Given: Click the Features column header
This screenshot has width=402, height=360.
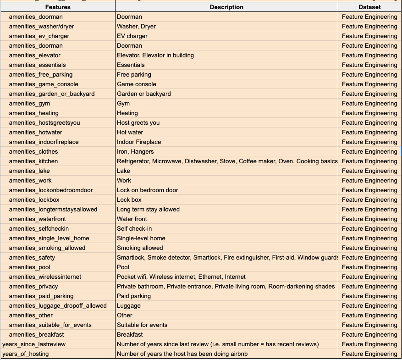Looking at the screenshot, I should click(58, 7).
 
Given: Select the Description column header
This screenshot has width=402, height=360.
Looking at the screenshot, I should click(226, 7).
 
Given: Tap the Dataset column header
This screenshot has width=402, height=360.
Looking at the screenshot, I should click(369, 7).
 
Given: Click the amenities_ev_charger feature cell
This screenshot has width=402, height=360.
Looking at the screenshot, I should click(39, 36).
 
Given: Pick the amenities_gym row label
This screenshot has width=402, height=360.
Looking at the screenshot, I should click(29, 103).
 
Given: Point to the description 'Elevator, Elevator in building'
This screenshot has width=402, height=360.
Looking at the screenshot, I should click(155, 55).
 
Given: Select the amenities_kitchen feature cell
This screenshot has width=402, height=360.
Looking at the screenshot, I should click(33, 161).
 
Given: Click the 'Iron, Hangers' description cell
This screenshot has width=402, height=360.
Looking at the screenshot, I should click(135, 151).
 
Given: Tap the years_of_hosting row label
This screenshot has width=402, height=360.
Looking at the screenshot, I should click(26, 354).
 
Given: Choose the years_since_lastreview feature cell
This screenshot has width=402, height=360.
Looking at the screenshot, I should click(34, 344).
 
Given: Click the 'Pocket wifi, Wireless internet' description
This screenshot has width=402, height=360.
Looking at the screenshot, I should click(181, 277).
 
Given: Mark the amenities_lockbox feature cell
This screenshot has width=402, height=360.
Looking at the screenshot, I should click(34, 199).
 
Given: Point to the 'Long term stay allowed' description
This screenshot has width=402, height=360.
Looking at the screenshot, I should click(148, 209).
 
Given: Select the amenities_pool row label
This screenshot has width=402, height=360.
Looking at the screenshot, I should click(29, 267).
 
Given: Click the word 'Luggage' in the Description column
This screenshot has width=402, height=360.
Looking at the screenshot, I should click(129, 305).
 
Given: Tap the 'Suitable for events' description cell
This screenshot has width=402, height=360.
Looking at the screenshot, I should click(142, 325).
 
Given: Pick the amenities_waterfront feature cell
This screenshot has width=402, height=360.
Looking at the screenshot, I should click(37, 219).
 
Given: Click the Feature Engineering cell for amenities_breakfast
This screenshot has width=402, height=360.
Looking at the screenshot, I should click(369, 334).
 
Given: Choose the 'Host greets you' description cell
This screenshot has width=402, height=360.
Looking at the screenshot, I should click(138, 122).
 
